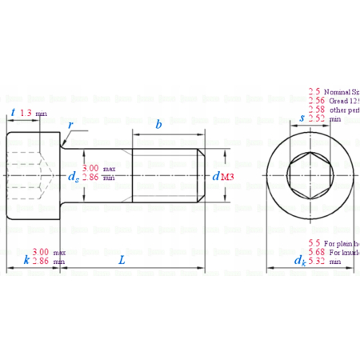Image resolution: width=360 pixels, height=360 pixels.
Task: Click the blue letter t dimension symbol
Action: point(13,114)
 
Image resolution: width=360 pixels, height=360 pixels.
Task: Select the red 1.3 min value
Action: point(26,114)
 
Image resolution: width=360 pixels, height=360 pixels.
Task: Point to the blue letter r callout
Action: point(71,126)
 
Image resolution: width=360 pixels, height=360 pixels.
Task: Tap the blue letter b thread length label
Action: point(159,126)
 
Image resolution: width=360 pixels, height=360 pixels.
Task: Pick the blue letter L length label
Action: point(122,260)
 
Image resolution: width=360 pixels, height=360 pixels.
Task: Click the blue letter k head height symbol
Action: point(26,261)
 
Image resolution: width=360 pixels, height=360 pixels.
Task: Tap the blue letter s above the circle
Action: point(301,118)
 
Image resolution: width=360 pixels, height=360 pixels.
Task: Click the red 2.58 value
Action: point(317,109)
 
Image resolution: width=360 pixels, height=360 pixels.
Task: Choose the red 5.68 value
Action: point(317,252)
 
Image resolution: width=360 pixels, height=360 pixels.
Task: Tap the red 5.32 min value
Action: point(317,261)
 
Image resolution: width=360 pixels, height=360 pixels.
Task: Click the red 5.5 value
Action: point(314,242)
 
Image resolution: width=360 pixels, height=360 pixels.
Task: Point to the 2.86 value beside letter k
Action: point(42,261)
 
